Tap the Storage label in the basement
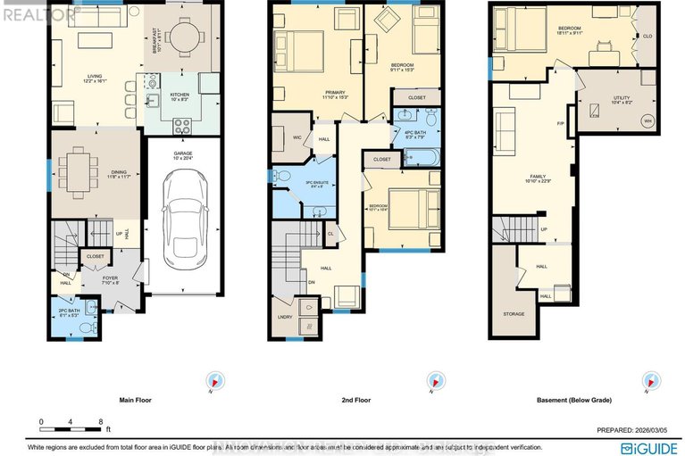[513, 314]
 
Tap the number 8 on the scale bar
[101, 421]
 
